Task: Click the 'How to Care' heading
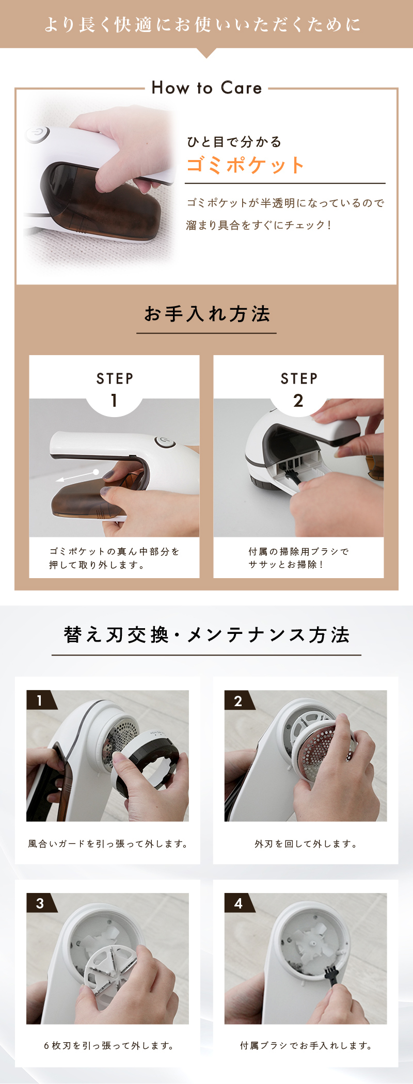(206, 88)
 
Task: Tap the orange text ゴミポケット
(245, 165)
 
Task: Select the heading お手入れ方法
(206, 314)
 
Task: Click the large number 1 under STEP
(114, 401)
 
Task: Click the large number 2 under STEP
(298, 401)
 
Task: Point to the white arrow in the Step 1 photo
(77, 476)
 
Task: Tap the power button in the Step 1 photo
(165, 442)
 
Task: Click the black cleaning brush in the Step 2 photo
(292, 471)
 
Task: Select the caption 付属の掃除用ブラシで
(298, 551)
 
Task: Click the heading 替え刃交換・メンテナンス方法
(206, 635)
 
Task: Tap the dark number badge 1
(40, 700)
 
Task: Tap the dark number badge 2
(239, 700)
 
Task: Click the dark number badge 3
(40, 903)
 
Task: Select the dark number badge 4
(239, 903)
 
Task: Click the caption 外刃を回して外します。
(306, 843)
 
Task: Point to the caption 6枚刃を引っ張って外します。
(109, 1045)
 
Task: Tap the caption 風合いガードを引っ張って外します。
(108, 843)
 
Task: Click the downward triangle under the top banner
(206, 52)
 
